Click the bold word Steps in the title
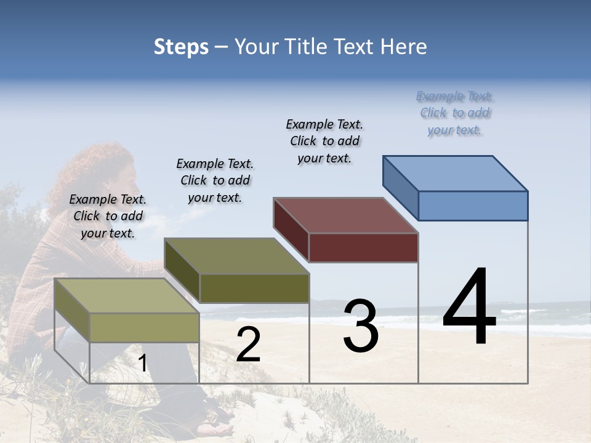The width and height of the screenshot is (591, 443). (x=180, y=47)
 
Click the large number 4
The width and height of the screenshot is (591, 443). (x=469, y=308)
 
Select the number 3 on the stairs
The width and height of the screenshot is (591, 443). (x=361, y=326)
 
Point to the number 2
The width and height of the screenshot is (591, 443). (x=248, y=345)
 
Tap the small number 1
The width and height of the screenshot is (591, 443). (x=142, y=363)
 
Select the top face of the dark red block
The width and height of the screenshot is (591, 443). (x=346, y=215)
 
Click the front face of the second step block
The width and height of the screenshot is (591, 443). (x=254, y=288)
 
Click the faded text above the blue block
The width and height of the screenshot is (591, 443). (x=455, y=113)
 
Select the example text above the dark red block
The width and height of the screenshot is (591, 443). (x=324, y=141)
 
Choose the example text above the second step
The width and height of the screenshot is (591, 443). (x=215, y=180)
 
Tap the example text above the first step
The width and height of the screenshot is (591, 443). (x=108, y=216)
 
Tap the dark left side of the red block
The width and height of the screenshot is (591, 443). (x=291, y=230)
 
